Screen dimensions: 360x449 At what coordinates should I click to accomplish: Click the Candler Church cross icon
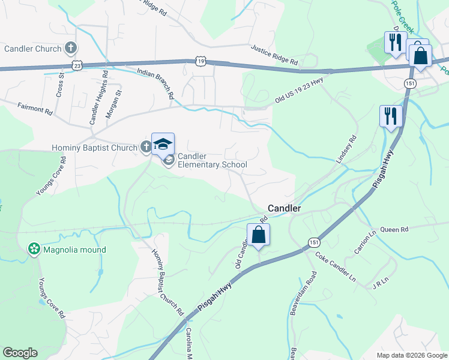[x=71, y=48]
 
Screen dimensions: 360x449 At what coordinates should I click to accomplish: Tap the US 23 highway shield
[x=76, y=65]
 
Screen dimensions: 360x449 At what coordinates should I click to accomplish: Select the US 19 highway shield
[x=200, y=60]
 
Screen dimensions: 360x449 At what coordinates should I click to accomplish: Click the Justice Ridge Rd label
[x=274, y=55]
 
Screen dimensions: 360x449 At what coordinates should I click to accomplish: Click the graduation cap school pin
[x=163, y=144]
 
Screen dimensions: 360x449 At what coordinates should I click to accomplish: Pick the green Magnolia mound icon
[x=34, y=249]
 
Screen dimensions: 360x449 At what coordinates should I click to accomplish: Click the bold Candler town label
[x=284, y=208]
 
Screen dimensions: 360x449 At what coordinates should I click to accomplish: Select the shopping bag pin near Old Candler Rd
[x=258, y=235]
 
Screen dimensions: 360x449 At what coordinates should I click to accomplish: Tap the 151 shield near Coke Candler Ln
[x=314, y=241]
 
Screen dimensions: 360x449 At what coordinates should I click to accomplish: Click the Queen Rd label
[x=394, y=229]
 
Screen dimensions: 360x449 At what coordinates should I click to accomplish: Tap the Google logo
[x=20, y=353]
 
